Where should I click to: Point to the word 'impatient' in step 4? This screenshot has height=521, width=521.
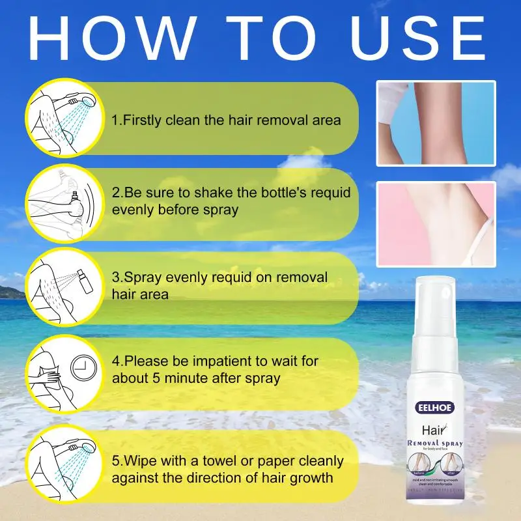tap(220, 360)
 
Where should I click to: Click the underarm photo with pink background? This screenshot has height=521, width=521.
tap(436, 214)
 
